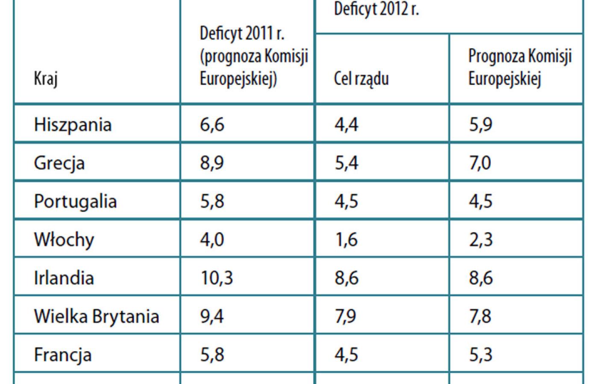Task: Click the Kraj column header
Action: pyautogui.click(x=46, y=79)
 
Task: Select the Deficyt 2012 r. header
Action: pyautogui.click(x=376, y=9)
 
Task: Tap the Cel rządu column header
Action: pyautogui.click(x=361, y=79)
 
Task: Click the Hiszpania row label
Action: pyautogui.click(x=73, y=125)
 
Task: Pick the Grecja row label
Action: pyautogui.click(x=59, y=163)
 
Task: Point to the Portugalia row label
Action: pyautogui.click(x=75, y=201)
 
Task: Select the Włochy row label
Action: pyautogui.click(x=64, y=240)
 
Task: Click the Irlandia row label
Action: pyautogui.click(x=64, y=278)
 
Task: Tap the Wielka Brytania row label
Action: pyautogui.click(x=97, y=317)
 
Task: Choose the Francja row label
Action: pyautogui.click(x=63, y=355)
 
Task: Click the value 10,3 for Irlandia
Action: pyautogui.click(x=217, y=278)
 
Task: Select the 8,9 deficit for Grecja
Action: pyautogui.click(x=212, y=163)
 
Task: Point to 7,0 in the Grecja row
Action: pyautogui.click(x=480, y=163)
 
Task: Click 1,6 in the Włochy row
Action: pyautogui.click(x=346, y=240)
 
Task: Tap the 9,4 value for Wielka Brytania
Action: pyautogui.click(x=212, y=317)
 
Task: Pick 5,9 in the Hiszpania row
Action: pyautogui.click(x=481, y=125)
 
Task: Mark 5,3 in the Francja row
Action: pyautogui.click(x=481, y=355)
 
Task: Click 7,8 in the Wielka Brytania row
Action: pyautogui.click(x=481, y=317)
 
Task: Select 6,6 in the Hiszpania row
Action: pyautogui.click(x=212, y=125)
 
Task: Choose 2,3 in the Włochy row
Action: pyautogui.click(x=481, y=240)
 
